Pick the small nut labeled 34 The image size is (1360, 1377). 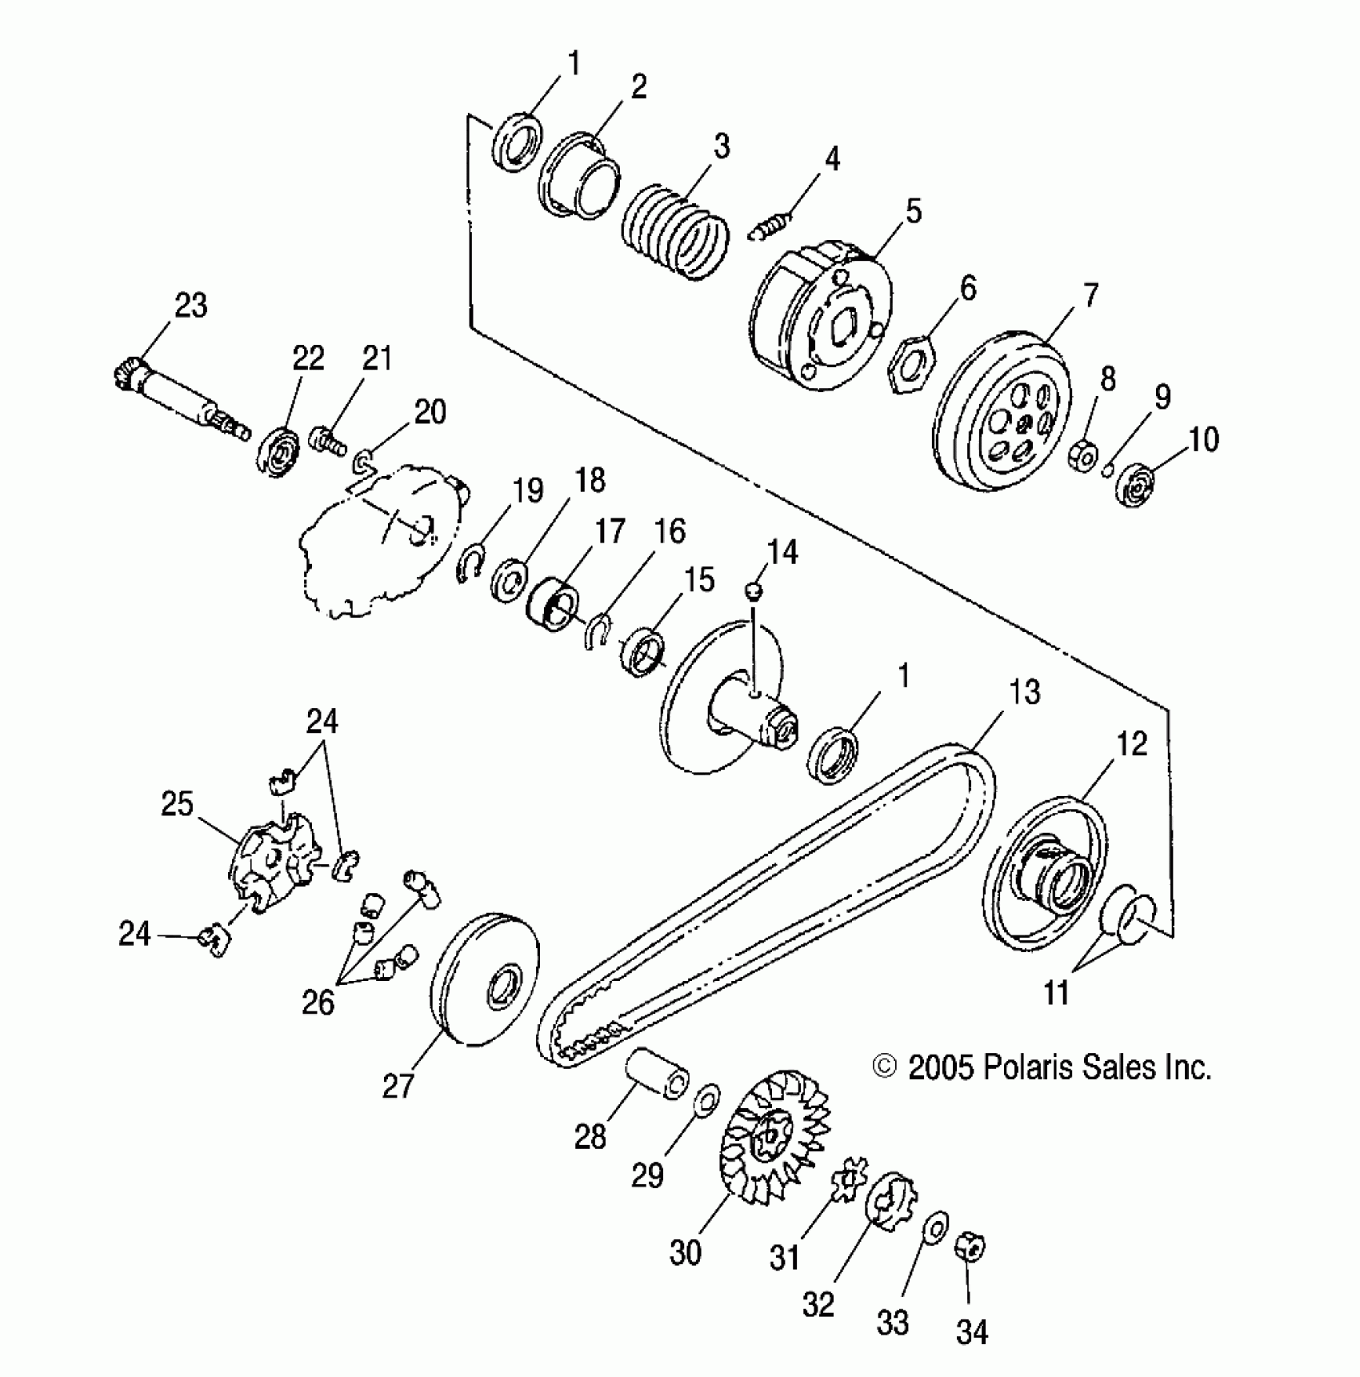970,1247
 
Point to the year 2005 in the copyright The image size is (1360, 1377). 941,1067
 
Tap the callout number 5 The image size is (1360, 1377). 913,211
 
